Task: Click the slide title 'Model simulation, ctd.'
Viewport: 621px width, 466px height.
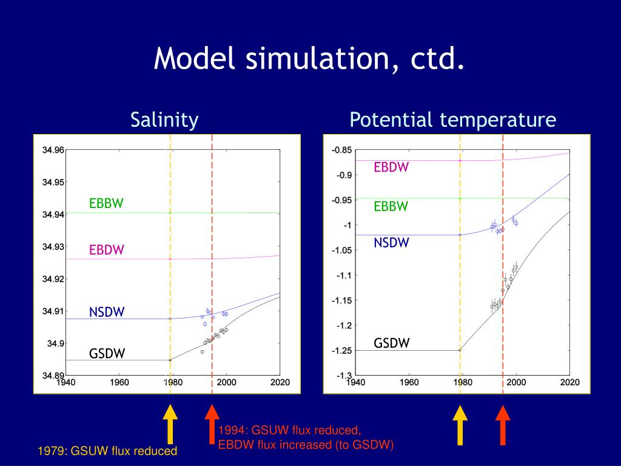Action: pos(310,59)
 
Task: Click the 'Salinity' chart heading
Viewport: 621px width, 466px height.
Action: pos(164,120)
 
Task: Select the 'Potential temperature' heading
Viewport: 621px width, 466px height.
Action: pos(452,120)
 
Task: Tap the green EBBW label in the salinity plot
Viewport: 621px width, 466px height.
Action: pos(106,204)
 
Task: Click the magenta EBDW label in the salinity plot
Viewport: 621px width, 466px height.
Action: pos(107,250)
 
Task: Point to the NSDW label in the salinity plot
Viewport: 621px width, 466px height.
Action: pos(107,312)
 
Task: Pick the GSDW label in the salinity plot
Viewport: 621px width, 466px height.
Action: pos(107,353)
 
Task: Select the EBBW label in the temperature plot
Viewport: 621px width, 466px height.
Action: pos(391,206)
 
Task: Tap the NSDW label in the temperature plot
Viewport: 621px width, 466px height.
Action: pos(391,243)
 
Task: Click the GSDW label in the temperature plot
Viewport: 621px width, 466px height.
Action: pos(391,343)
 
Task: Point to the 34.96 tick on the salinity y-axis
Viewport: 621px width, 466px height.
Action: pos(52,150)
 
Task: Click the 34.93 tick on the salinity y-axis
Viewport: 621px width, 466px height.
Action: pos(52,247)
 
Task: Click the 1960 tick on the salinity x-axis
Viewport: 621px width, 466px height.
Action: pos(119,383)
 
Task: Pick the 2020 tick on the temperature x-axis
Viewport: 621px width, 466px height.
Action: pos(569,383)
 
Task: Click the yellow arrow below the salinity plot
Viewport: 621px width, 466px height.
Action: pos(170,422)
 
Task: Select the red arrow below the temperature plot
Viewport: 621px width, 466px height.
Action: pos(503,422)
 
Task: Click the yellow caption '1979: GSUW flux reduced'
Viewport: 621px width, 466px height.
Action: pos(107,451)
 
